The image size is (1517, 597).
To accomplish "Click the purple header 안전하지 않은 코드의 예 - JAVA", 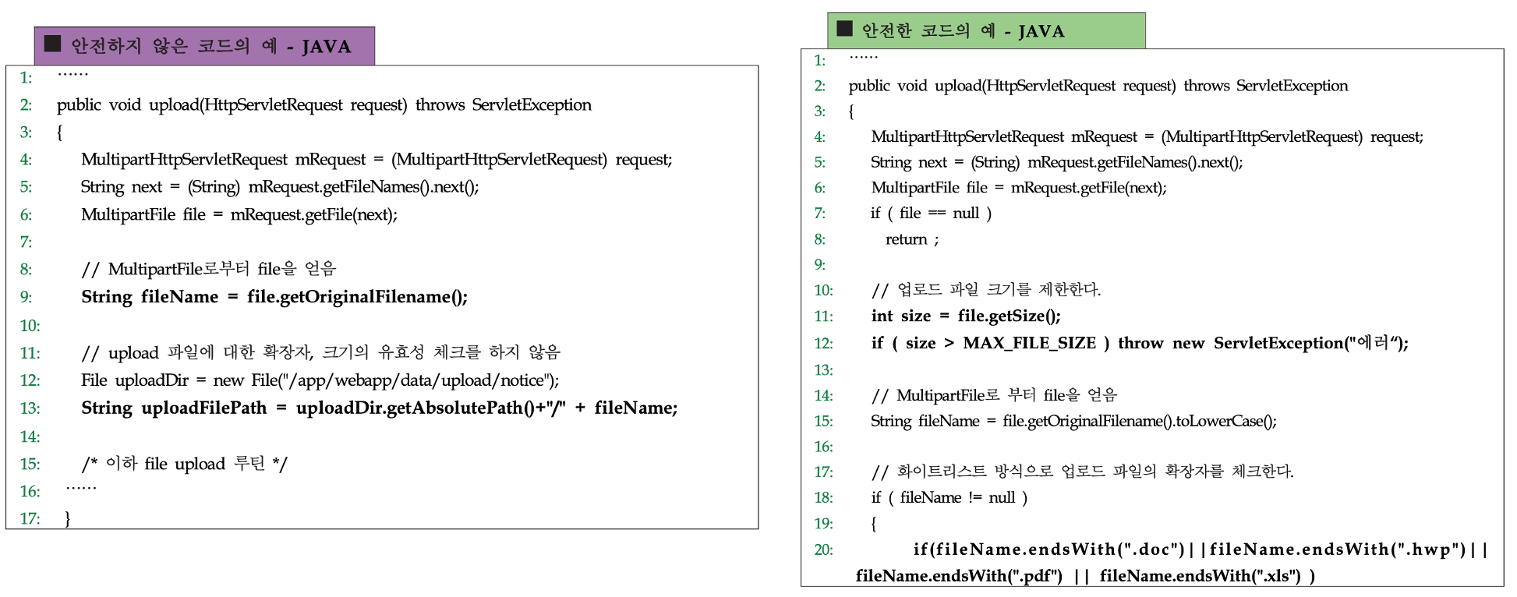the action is [x=204, y=46].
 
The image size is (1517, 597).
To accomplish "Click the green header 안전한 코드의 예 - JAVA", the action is [x=986, y=31].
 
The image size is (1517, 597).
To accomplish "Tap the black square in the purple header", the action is [x=53, y=44].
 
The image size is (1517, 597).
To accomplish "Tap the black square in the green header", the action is [x=844, y=29].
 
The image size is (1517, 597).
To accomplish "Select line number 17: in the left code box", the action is [x=30, y=518].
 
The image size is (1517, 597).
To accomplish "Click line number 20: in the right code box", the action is [x=823, y=550].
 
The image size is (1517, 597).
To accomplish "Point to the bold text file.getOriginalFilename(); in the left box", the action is [x=357, y=297].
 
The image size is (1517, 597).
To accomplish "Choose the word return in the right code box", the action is [x=906, y=240].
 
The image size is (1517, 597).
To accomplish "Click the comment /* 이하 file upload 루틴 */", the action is [x=184, y=465].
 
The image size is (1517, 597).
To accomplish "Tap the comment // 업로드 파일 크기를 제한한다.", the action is [x=985, y=291].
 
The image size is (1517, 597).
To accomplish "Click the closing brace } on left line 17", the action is [x=68, y=518].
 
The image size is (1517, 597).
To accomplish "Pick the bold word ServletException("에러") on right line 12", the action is [x=1310, y=344].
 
